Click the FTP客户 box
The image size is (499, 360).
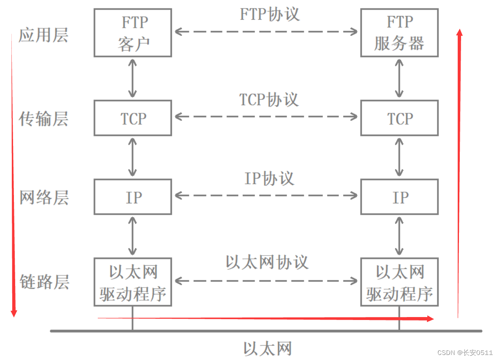[x=133, y=33]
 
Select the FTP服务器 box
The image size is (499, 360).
[x=399, y=33]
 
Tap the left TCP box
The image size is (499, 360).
[x=133, y=118]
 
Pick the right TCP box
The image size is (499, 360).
[x=399, y=118]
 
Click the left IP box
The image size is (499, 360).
[x=133, y=197]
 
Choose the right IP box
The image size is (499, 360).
[x=399, y=197]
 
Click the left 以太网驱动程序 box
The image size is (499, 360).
[x=133, y=282]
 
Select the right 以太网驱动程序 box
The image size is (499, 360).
[x=399, y=282]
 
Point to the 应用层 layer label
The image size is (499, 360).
[x=43, y=35]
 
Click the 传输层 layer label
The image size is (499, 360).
[x=43, y=119]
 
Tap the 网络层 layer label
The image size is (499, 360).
[x=43, y=197]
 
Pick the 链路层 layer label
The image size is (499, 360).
[x=44, y=282]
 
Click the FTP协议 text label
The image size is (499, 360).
[x=270, y=14]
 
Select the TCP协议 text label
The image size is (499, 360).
[x=269, y=100]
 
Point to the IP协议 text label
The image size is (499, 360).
[x=269, y=179]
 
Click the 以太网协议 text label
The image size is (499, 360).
[x=267, y=262]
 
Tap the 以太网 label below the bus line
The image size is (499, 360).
[x=268, y=349]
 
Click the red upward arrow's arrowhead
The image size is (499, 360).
[x=459, y=32]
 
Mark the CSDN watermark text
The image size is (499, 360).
[x=465, y=352]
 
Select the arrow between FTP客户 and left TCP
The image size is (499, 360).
[x=133, y=78]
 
